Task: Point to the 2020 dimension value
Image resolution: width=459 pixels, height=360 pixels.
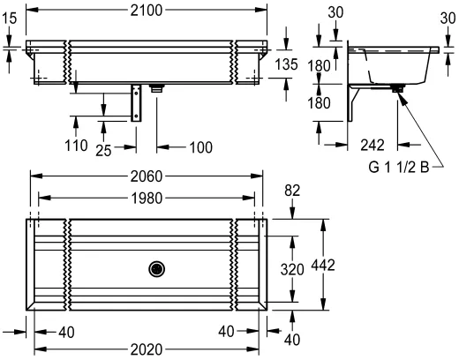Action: (147, 349)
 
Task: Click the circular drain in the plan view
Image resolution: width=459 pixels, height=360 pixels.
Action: (157, 266)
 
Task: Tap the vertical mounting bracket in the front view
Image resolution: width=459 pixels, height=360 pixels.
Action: (138, 104)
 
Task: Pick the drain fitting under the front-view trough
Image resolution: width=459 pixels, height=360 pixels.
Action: (158, 88)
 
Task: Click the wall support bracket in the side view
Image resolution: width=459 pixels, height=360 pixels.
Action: (355, 104)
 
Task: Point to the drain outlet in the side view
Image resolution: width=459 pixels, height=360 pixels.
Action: (399, 88)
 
